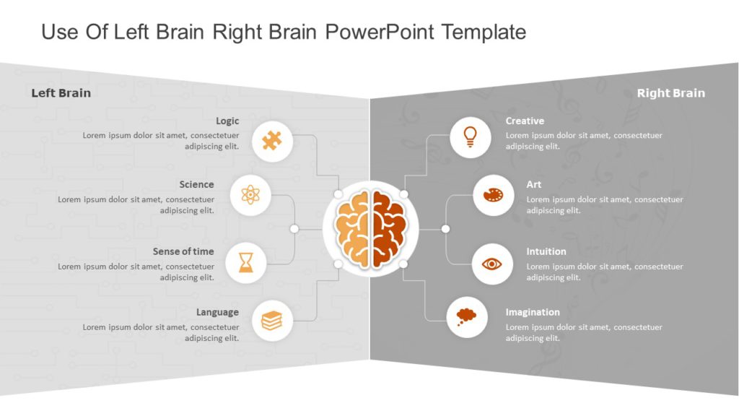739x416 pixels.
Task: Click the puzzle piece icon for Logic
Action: (272, 141)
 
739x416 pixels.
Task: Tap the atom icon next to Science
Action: (250, 194)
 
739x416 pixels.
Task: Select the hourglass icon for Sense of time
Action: (247, 262)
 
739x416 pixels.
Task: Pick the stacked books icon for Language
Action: (272, 320)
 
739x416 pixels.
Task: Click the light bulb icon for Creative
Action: (471, 136)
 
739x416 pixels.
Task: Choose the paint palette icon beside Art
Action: (494, 195)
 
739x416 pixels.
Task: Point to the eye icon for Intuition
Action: (492, 264)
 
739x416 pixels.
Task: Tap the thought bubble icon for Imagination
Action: (466, 316)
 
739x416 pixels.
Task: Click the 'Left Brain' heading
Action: (61, 92)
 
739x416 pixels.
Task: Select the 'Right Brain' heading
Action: (670, 92)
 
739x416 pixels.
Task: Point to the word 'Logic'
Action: (227, 121)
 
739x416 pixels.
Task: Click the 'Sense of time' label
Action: (183, 251)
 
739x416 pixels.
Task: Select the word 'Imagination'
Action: (533, 312)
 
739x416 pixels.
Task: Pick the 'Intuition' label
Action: (546, 251)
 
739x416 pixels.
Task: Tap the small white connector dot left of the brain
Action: (294, 229)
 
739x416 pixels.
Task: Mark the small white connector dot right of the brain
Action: (445, 229)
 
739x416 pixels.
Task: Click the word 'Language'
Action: (217, 312)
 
